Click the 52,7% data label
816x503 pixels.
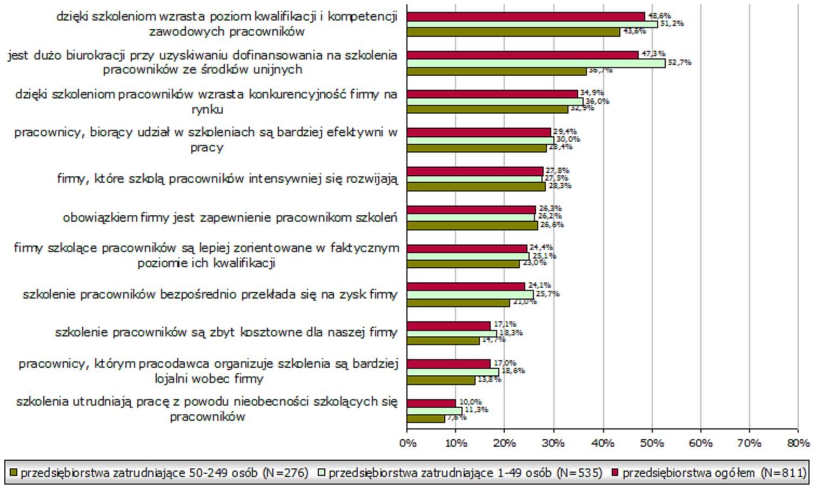click(x=679, y=62)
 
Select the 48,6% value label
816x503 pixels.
click(x=659, y=16)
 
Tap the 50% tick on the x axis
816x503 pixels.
click(x=652, y=443)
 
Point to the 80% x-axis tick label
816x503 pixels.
click(x=798, y=443)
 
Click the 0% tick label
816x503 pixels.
click(x=407, y=443)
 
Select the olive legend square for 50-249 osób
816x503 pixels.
click(x=14, y=473)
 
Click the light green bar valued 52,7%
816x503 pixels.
click(x=536, y=63)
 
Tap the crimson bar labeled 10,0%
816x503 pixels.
click(x=431, y=403)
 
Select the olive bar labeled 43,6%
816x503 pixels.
click(x=513, y=32)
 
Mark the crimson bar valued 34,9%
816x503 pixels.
click(x=492, y=94)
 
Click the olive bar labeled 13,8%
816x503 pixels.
click(x=441, y=380)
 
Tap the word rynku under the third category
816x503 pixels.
click(x=207, y=109)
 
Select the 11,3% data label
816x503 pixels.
click(x=476, y=409)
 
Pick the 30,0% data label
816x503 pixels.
click(x=567, y=140)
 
